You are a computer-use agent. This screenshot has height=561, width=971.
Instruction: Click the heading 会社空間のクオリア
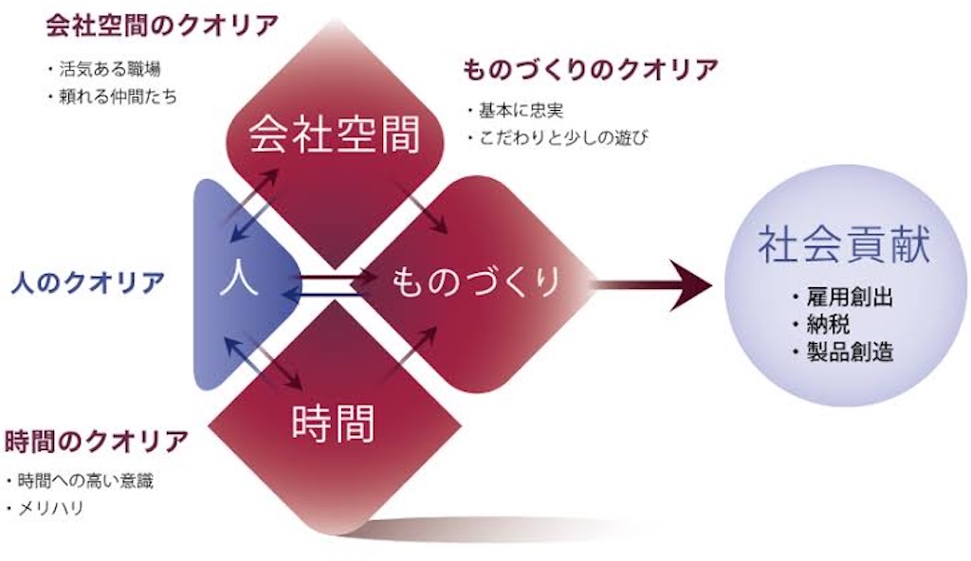(x=162, y=26)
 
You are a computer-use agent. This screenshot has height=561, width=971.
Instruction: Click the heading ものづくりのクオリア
(x=590, y=69)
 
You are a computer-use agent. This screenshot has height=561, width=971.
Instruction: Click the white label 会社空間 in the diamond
(x=335, y=135)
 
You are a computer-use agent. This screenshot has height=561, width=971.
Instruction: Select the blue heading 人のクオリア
(x=88, y=283)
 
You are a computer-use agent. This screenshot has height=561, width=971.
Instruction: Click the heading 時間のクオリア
(x=96, y=442)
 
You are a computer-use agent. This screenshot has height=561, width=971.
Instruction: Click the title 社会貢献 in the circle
(x=845, y=244)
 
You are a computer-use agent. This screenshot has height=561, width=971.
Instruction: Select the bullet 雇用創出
(x=843, y=298)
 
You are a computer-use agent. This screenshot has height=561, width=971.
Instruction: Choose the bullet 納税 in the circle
(x=821, y=324)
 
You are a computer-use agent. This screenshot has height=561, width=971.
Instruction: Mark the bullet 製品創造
(x=843, y=352)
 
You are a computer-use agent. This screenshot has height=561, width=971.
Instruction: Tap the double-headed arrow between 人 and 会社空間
(x=254, y=205)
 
